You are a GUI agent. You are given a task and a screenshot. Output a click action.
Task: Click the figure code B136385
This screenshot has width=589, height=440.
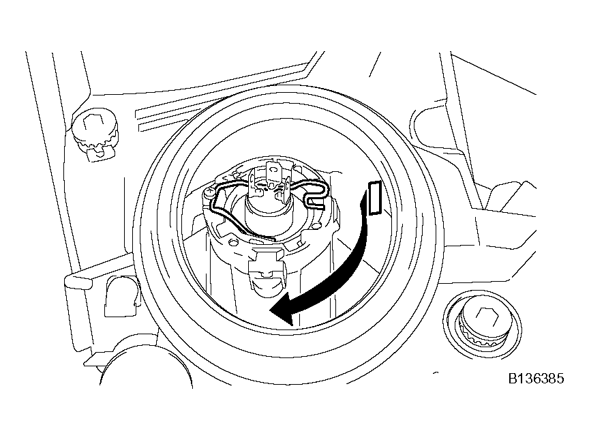[x=536, y=379]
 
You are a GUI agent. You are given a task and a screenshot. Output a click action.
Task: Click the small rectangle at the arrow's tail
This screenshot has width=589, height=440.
[x=375, y=198]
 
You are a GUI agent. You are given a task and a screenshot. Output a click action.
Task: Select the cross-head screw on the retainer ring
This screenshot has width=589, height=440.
[x=209, y=193]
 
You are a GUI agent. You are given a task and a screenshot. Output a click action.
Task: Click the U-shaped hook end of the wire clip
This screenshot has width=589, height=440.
[x=318, y=195]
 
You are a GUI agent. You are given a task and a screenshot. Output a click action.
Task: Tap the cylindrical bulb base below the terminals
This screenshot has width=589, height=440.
[x=267, y=209]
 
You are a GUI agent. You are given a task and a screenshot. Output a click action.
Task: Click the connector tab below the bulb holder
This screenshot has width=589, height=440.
[x=266, y=274]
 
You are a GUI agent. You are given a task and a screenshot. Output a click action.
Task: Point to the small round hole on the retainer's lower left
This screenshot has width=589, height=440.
[x=233, y=241]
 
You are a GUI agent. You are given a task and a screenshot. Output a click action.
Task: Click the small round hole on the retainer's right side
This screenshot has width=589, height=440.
[x=317, y=226]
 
